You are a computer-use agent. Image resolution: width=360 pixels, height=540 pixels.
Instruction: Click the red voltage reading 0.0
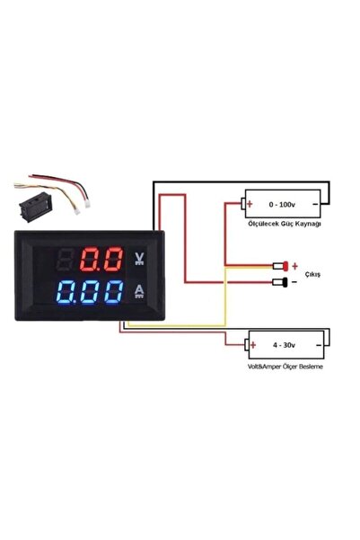(101, 261)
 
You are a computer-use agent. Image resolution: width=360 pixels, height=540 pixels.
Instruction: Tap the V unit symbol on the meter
(139, 258)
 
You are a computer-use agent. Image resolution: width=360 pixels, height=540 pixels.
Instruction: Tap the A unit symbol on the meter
(139, 290)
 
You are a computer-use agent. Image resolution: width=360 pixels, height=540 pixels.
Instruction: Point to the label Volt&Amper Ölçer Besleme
(285, 367)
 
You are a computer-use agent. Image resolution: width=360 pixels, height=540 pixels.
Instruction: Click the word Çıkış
(314, 275)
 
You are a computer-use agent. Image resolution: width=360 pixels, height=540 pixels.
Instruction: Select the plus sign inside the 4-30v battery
(250, 344)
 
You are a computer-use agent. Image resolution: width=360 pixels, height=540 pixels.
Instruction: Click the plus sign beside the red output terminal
(294, 266)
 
